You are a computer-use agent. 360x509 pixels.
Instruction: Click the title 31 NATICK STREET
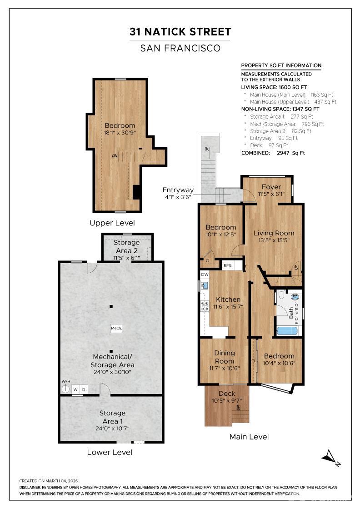pos(180,32)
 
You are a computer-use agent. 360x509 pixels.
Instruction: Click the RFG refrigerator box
pos(228,265)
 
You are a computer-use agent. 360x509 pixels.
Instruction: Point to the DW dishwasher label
pos(205,274)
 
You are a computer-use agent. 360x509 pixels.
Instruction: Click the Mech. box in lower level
pos(116,328)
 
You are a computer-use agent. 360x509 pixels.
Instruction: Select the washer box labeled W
pos(75,389)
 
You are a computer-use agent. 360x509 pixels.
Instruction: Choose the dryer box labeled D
pos(84,389)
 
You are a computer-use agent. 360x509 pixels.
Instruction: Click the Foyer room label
pos(271,187)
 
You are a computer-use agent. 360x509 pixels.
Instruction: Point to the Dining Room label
pos(225,357)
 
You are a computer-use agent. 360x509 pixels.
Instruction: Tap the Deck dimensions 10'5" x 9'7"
pos(227,401)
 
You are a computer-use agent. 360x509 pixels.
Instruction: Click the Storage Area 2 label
pos(126,246)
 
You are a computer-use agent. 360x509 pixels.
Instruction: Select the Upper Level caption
pos(112,223)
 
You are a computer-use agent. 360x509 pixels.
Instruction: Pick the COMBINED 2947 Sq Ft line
pos(273,153)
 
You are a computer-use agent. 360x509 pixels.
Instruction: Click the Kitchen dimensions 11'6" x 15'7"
pos(228,307)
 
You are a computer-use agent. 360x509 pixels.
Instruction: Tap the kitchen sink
pos(204,286)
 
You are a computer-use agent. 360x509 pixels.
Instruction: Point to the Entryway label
pos(178,190)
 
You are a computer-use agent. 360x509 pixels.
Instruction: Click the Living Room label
pos(274,233)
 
